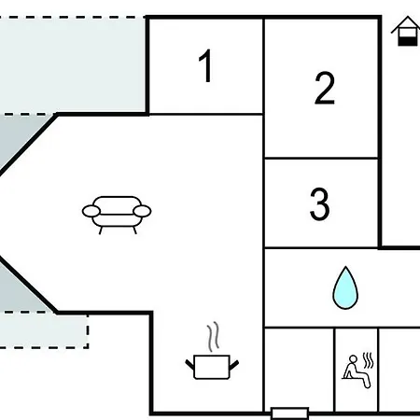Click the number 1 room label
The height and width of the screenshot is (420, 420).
(x=205, y=65)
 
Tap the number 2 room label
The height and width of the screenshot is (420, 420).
(x=325, y=88)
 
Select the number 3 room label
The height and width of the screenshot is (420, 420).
(x=319, y=203)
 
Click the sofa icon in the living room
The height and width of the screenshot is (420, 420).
(x=117, y=215)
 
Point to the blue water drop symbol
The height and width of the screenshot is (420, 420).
(x=345, y=287)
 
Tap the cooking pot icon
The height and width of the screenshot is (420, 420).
(x=212, y=367)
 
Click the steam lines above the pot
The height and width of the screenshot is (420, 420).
(x=213, y=337)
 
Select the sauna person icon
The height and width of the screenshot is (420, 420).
(x=357, y=371)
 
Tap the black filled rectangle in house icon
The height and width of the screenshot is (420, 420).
(x=408, y=41)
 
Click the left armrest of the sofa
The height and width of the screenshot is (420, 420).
(x=91, y=211)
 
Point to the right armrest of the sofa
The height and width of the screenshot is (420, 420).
(x=142, y=211)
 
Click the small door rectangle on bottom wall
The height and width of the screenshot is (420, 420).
(x=289, y=413)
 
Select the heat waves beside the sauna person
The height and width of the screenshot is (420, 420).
(x=369, y=360)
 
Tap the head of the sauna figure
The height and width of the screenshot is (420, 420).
(x=353, y=359)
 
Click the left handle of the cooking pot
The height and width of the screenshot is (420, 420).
(x=190, y=364)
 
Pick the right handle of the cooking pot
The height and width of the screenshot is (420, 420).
(x=234, y=365)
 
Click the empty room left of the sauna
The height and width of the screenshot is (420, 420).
(x=300, y=370)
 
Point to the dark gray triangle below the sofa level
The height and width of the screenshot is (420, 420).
(x=21, y=287)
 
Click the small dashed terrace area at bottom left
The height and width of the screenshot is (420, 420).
(x=44, y=329)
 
